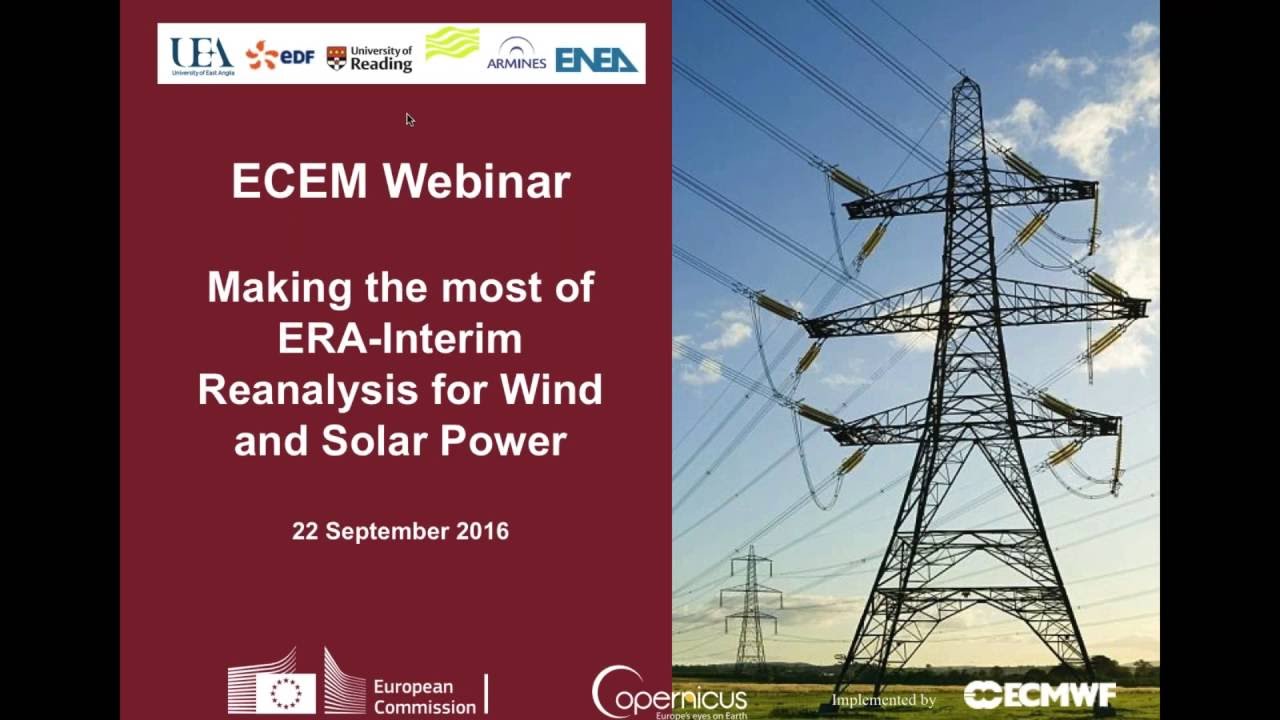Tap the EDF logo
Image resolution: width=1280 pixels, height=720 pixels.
tap(280, 55)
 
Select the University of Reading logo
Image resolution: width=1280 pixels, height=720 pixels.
tap(369, 58)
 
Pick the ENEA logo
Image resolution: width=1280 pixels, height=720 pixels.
tap(596, 60)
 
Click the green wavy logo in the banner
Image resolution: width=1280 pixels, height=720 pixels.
tap(452, 44)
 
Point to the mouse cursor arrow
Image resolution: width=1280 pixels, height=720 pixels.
tap(409, 119)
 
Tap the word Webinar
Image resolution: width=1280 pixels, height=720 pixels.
tap(476, 182)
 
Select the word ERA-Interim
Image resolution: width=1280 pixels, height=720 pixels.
tap(400, 338)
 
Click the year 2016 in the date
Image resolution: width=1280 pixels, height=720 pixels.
tap(482, 531)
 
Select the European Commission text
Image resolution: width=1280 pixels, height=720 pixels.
tap(425, 696)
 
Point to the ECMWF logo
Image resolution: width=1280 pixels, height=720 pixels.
tap(1040, 695)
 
